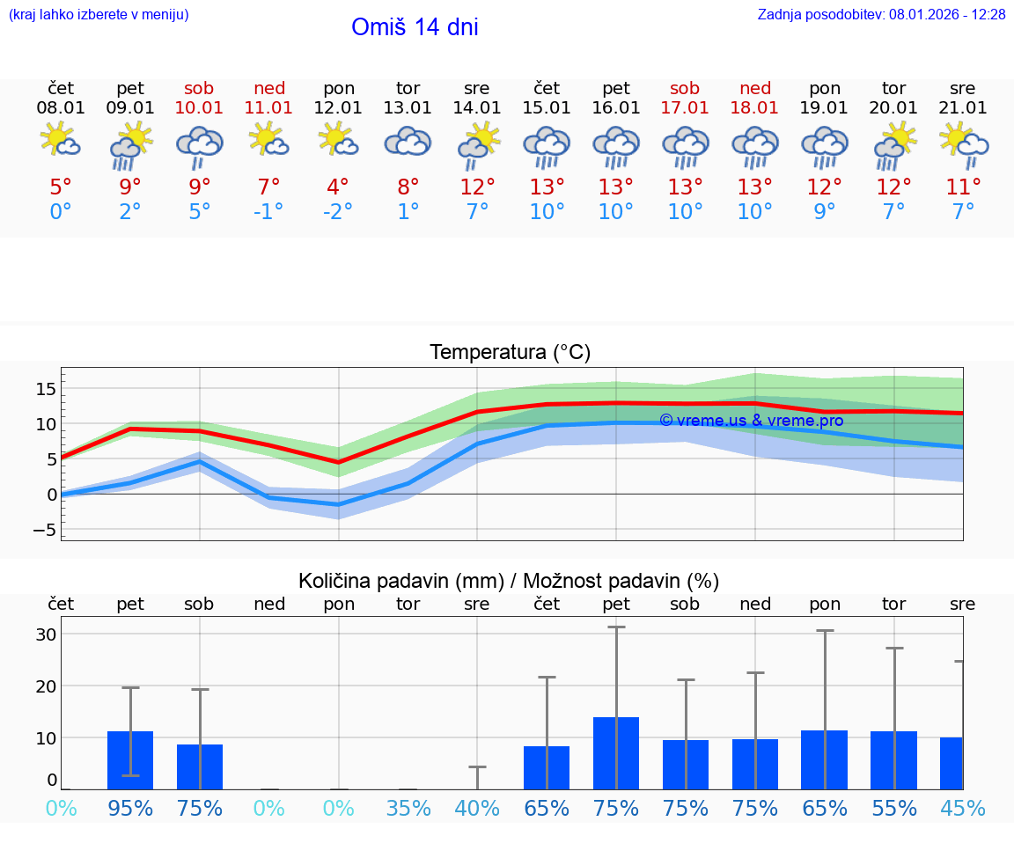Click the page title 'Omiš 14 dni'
(415, 27)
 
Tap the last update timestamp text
(881, 15)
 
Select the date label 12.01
(339, 108)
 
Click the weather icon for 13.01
(408, 143)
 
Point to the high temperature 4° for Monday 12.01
(338, 187)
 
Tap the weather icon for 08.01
(61, 142)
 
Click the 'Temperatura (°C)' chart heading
(510, 353)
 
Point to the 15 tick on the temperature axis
(46, 389)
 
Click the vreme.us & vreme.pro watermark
(751, 421)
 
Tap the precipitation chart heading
(509, 581)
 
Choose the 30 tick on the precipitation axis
(46, 634)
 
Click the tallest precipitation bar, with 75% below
(616, 753)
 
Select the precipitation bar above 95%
(130, 760)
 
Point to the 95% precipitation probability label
(130, 809)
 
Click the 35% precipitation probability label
(408, 809)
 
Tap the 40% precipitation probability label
(477, 809)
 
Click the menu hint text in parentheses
(99, 15)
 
